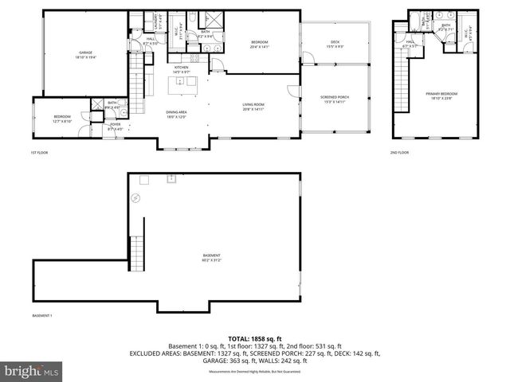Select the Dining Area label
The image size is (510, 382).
176,114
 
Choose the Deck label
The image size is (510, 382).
335,45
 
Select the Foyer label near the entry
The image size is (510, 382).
116,126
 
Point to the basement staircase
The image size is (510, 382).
139,246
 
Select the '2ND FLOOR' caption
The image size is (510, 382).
399,152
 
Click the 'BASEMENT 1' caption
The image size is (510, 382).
42,316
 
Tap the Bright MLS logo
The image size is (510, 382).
32,371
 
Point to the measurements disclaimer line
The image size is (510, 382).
255,372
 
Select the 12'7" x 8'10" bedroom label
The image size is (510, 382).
63,119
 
